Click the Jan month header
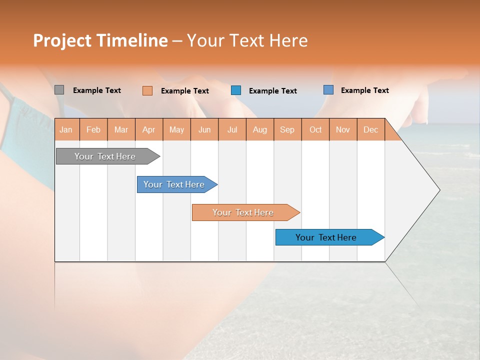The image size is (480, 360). (66, 129)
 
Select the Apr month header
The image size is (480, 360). (149, 129)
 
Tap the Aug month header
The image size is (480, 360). (260, 129)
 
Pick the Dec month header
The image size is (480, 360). (370, 129)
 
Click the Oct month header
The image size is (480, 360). (315, 129)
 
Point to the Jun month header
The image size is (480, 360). (204, 129)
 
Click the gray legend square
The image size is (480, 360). (59, 90)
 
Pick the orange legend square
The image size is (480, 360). (147, 90)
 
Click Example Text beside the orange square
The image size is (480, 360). (185, 91)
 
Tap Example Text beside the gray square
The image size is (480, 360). (97, 90)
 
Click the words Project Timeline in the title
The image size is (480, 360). (100, 40)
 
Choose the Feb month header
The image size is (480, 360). (93, 129)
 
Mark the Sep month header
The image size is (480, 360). (287, 129)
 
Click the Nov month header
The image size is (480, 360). (343, 129)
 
